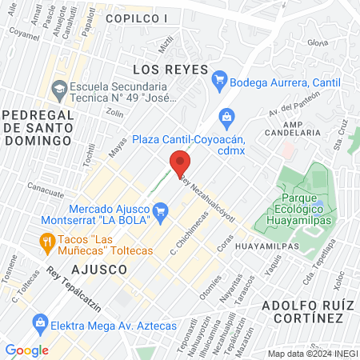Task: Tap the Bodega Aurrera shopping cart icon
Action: click(x=219, y=81)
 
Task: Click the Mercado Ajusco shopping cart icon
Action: click(x=162, y=211)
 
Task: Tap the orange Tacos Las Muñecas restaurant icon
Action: click(x=48, y=240)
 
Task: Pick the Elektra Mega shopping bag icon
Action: click(x=39, y=325)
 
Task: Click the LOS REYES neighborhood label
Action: click(x=170, y=69)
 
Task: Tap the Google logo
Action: click(x=26, y=350)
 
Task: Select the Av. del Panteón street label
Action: click(x=288, y=103)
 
